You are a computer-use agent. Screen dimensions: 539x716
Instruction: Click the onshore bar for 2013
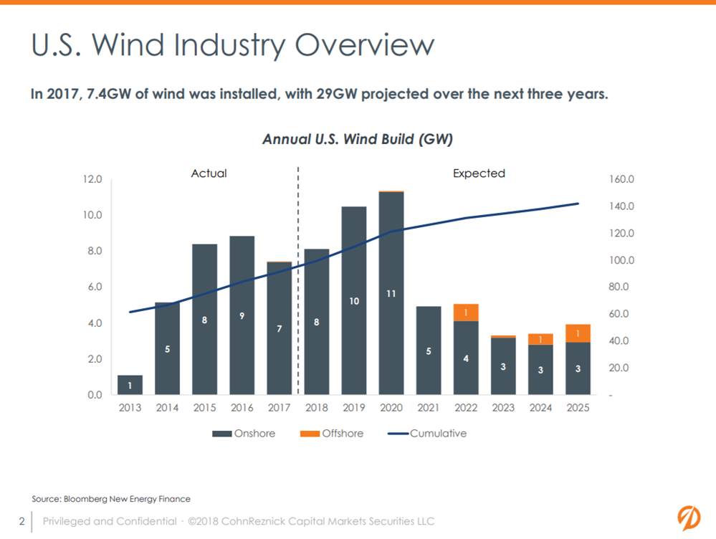[x=130, y=385]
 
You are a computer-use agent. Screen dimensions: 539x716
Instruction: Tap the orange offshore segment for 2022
[x=465, y=313]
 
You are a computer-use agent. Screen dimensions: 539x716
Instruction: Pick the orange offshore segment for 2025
[x=577, y=333]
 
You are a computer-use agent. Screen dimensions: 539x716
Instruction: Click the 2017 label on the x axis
[x=279, y=408]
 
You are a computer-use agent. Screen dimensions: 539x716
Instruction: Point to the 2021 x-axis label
[x=428, y=408]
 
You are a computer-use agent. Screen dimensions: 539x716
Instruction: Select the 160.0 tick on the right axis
[x=621, y=179]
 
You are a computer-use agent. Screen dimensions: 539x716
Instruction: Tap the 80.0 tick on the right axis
[x=621, y=287]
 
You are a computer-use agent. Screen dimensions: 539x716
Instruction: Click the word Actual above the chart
[x=209, y=173]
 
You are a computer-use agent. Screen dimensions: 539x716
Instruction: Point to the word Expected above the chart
[x=479, y=173]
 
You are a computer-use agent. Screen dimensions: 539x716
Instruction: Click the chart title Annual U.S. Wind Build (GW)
[x=357, y=139]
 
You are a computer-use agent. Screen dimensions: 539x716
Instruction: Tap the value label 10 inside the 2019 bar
[x=353, y=302]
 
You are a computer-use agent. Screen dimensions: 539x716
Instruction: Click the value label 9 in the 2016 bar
[x=242, y=315]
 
